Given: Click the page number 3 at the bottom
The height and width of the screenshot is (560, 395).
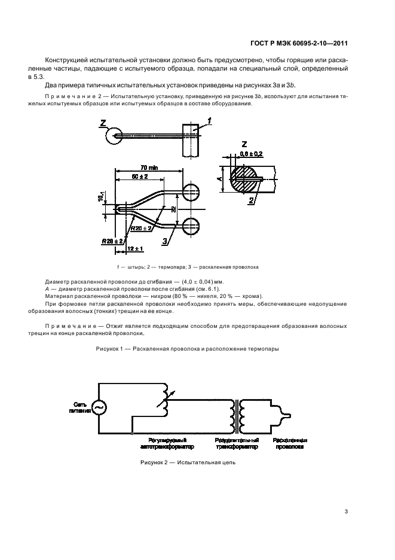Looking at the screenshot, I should pyautogui.click(x=346, y=511).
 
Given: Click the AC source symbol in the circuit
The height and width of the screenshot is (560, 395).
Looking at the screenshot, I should pyautogui.click(x=97, y=407).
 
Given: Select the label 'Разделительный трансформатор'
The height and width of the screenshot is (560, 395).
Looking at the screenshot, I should pyautogui.click(x=237, y=443).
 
